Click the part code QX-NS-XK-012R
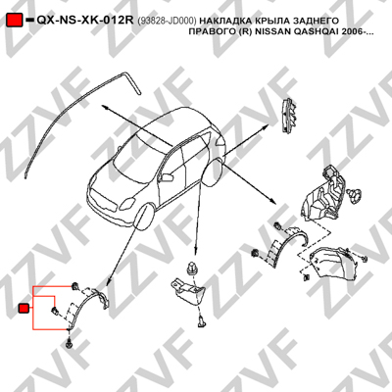coord(85,21)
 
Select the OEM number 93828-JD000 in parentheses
coord(167,21)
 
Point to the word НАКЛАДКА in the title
coord(220,21)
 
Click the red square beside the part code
coord(15,20)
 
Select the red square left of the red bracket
coord(24,308)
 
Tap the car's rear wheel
coord(213,172)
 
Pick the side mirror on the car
coord(168,177)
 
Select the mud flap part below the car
coord(187,291)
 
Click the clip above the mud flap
coord(190,269)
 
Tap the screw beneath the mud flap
coord(201,321)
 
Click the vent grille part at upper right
coord(289,115)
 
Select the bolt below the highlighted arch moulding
coord(69,344)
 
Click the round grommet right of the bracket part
coord(355,195)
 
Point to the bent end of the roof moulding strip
coord(132,82)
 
